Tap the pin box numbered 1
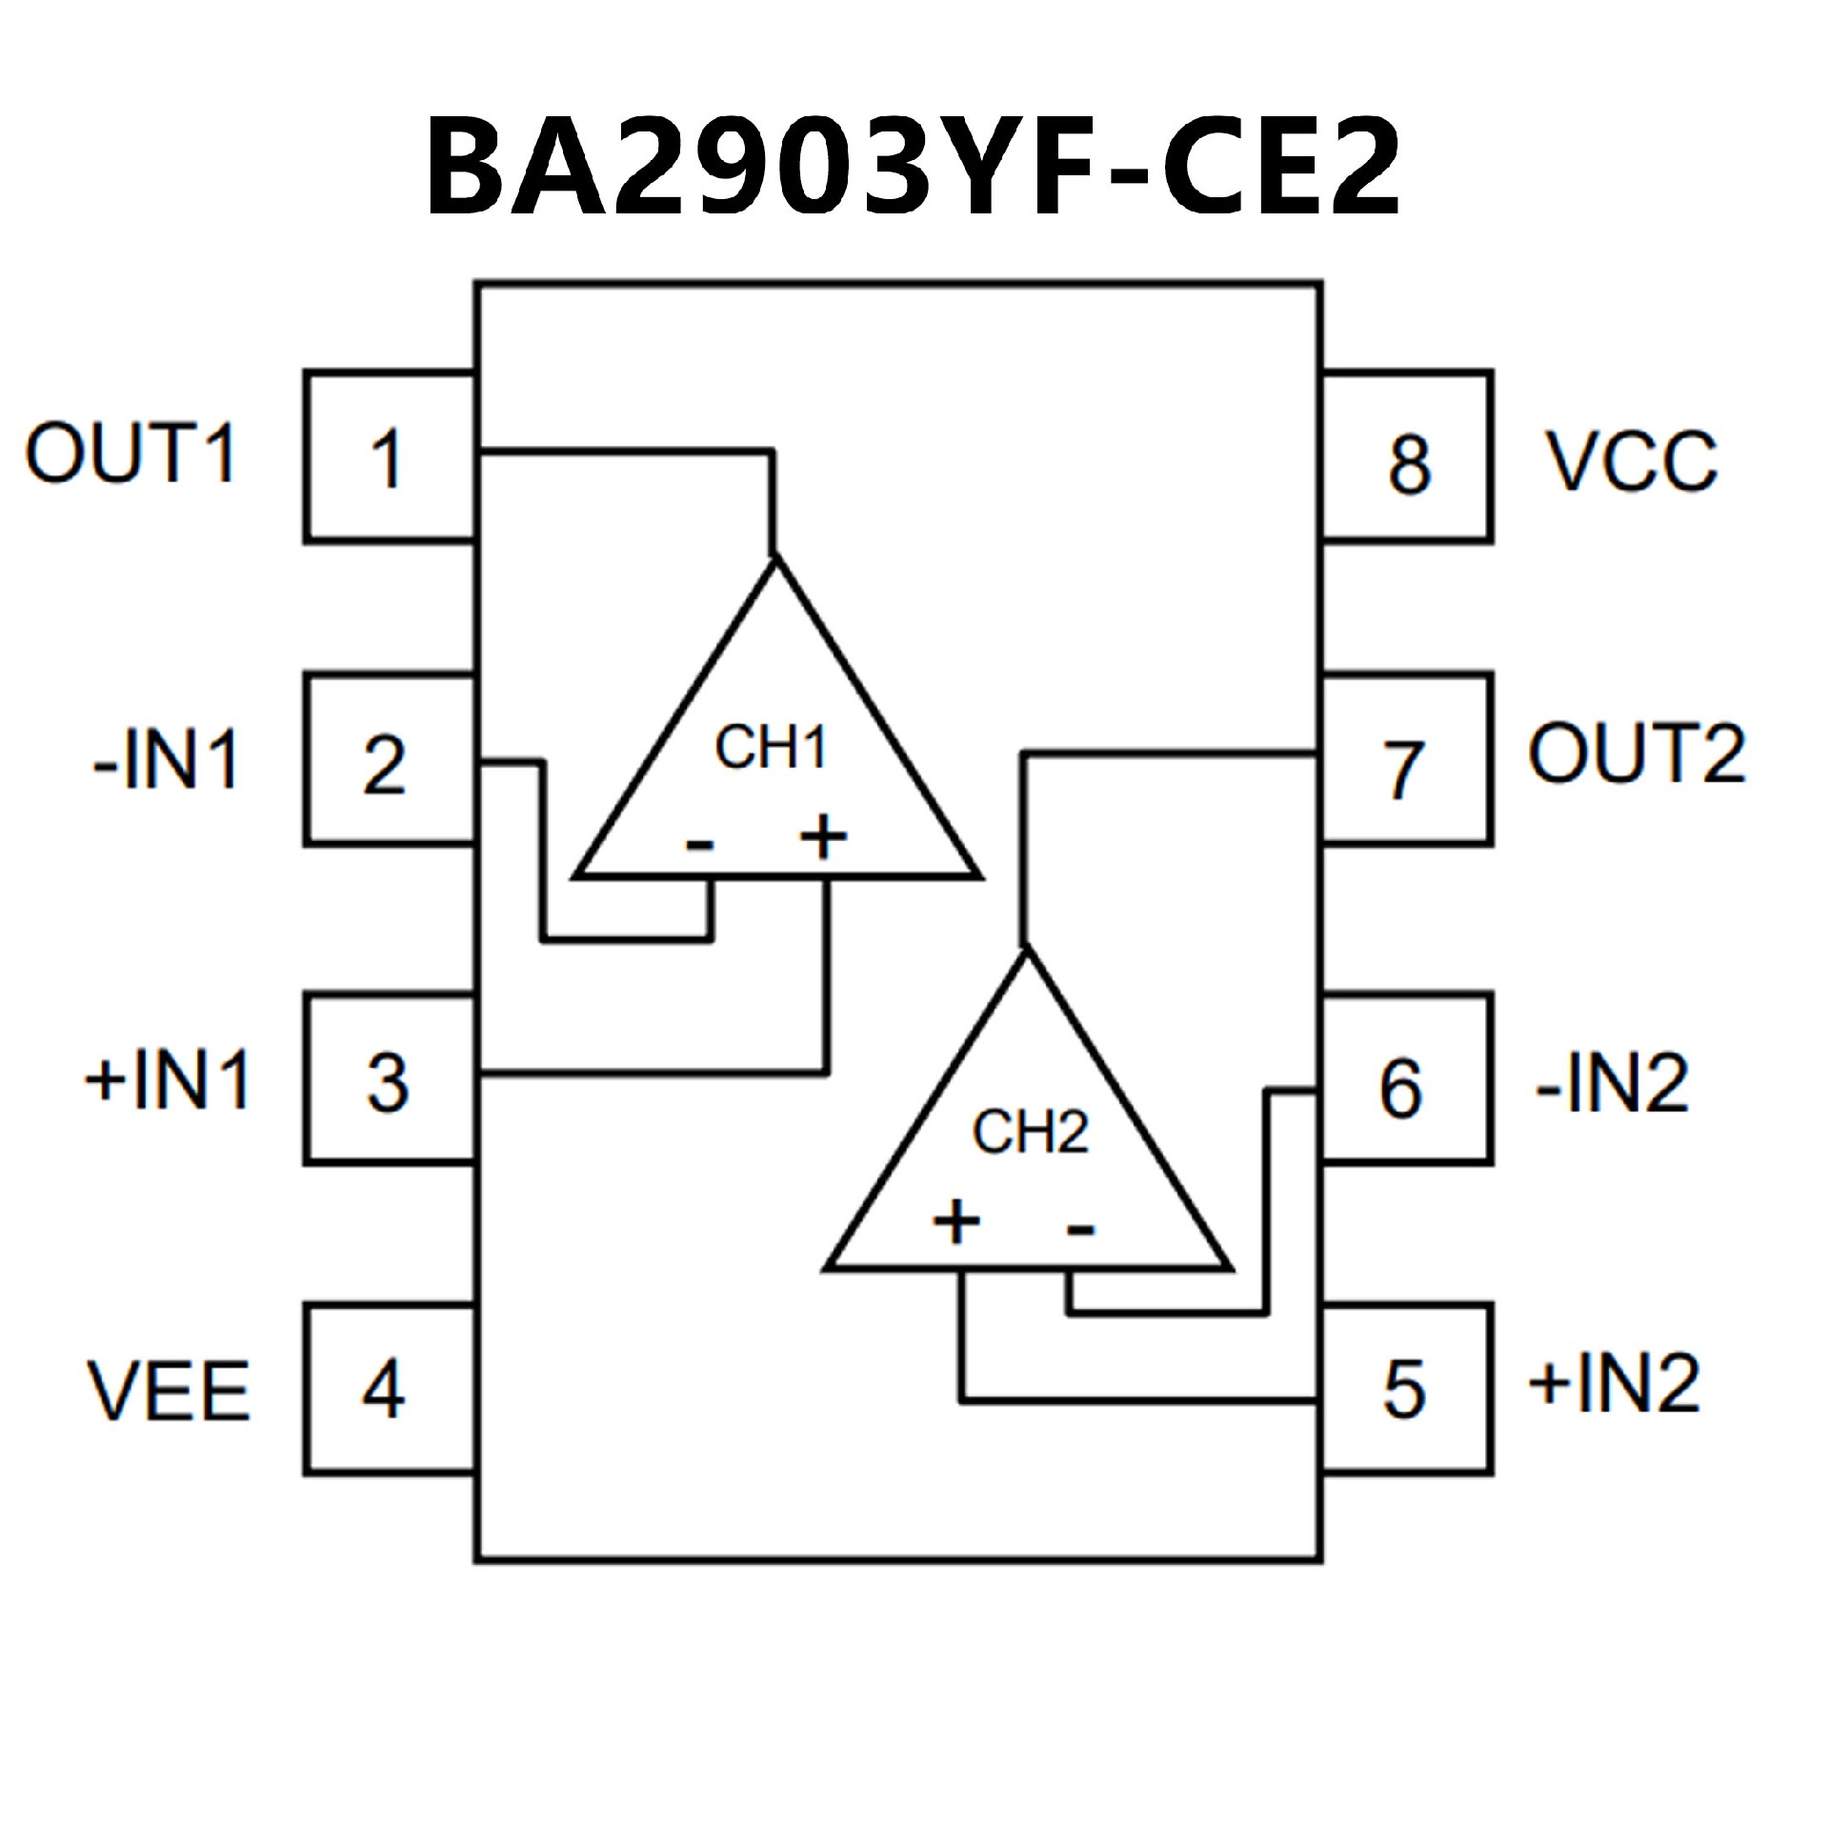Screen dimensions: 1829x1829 tap(389, 457)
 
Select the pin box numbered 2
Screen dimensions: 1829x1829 tap(389, 760)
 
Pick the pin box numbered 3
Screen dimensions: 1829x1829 tap(389, 1079)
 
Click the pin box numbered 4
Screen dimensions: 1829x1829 tap(389, 1389)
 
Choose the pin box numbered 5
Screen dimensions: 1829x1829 tap(1406, 1389)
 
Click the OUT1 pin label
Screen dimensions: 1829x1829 tap(131, 453)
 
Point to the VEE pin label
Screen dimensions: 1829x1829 tap(170, 1391)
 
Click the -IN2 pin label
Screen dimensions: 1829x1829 tap(1612, 1083)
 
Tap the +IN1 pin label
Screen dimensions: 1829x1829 tap(169, 1079)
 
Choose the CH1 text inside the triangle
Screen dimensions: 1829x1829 tap(771, 749)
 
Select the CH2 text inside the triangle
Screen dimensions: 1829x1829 tap(1030, 1133)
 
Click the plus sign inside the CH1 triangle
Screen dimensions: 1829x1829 tap(823, 838)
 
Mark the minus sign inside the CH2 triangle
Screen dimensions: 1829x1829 tap(1079, 1229)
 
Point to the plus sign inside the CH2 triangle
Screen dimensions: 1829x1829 tap(956, 1222)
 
